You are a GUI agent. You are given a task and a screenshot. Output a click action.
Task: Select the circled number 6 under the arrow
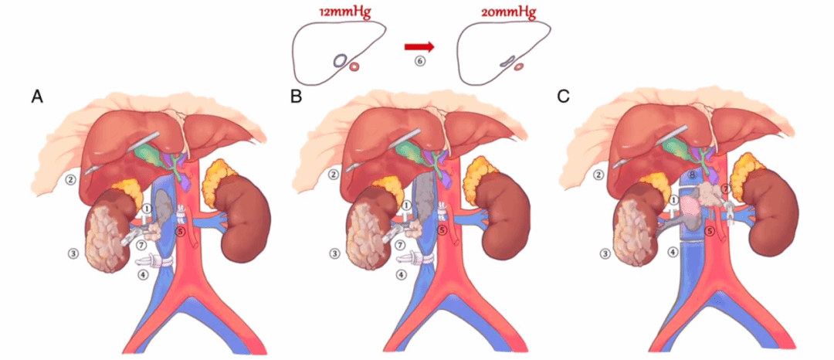pos(420,61)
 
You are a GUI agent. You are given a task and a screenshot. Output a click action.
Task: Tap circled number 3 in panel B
pos(334,253)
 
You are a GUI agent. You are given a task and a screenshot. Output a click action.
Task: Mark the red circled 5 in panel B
pos(442,230)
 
